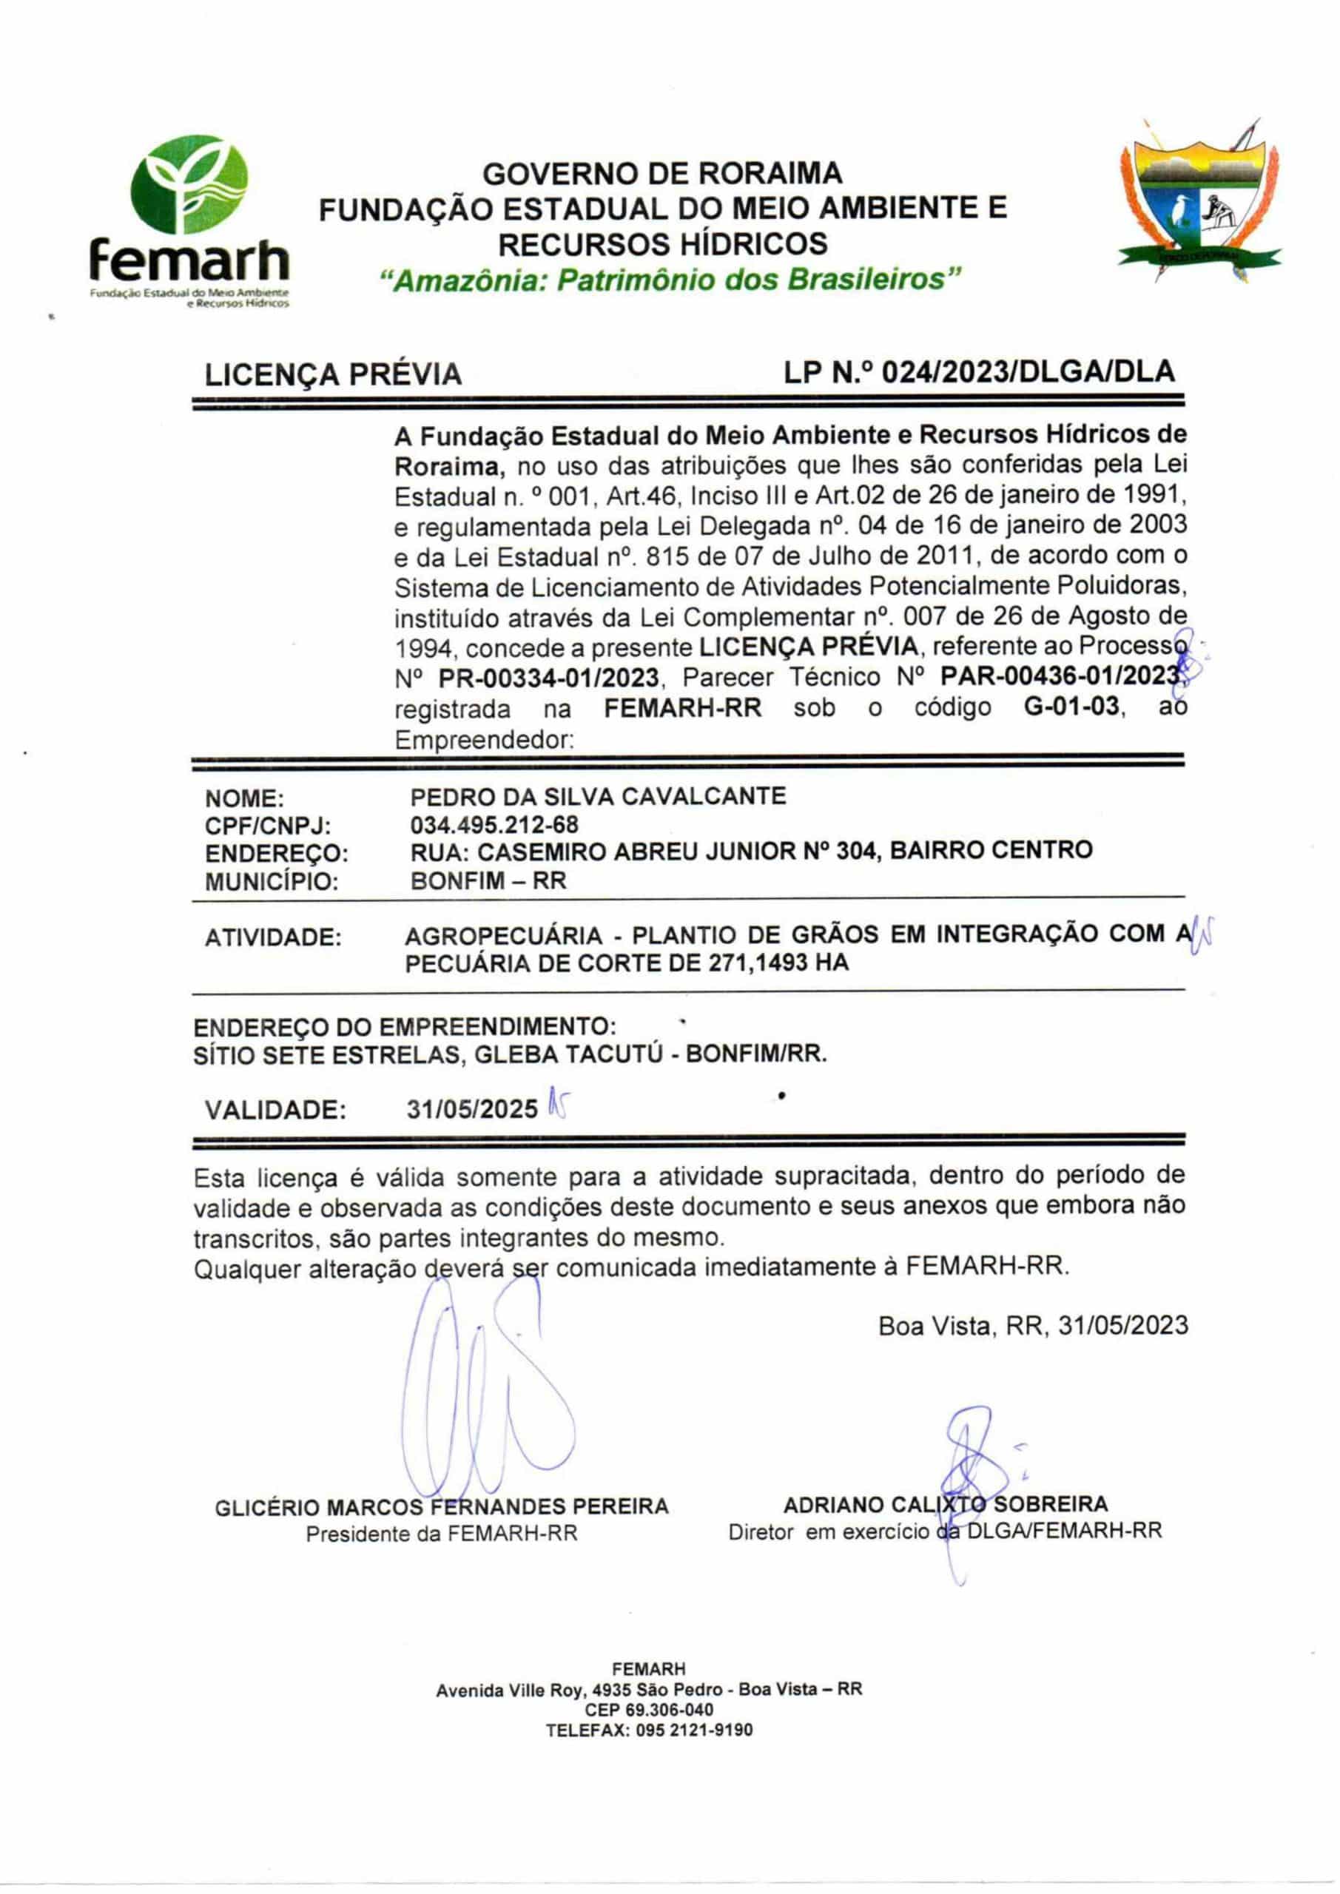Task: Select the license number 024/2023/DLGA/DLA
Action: (1028, 372)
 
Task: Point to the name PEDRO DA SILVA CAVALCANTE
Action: (597, 796)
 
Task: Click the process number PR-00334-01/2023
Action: (549, 678)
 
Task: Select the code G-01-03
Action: (1070, 708)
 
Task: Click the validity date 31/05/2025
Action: (472, 1110)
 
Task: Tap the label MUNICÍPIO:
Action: (272, 882)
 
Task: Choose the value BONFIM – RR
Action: (488, 880)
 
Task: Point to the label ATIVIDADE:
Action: (272, 938)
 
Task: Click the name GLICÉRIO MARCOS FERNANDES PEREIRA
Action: (442, 1507)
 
